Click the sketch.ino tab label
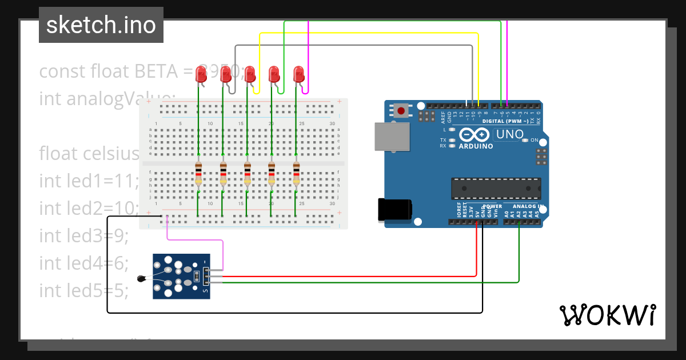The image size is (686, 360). click(x=101, y=25)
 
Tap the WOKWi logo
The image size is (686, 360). click(x=607, y=315)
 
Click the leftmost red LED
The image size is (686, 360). click(x=201, y=74)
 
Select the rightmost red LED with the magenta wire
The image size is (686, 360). click(x=298, y=74)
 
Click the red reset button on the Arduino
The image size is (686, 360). click(x=401, y=110)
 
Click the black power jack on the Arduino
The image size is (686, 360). click(x=394, y=209)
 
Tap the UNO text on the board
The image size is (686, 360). click(x=509, y=134)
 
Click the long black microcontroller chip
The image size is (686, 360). click(x=496, y=189)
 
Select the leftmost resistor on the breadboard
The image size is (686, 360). click(x=198, y=173)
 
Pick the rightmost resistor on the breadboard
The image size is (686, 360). click(x=296, y=173)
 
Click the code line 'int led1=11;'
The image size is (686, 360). click(x=89, y=181)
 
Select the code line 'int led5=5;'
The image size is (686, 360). click(x=83, y=290)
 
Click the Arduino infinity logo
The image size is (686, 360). click(x=474, y=135)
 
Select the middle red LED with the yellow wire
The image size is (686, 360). click(x=250, y=74)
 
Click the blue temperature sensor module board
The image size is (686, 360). click(x=181, y=276)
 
